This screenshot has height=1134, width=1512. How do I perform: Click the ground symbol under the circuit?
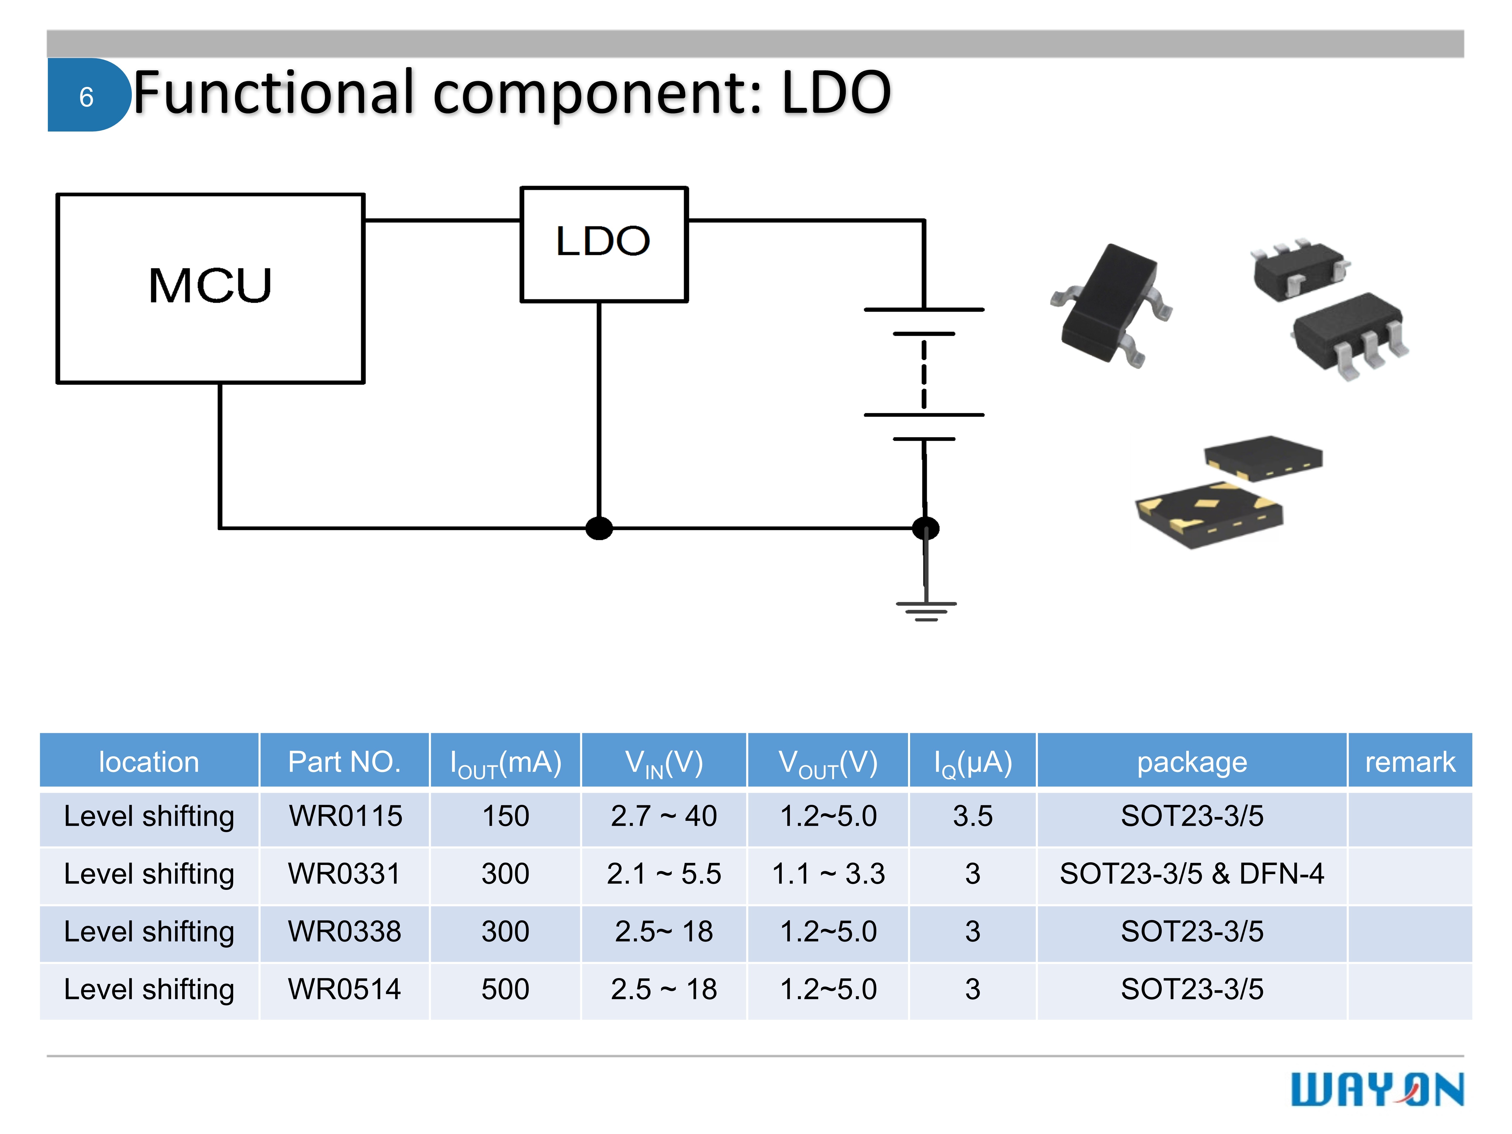pos(926,610)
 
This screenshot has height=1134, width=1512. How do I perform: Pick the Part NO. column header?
pos(344,762)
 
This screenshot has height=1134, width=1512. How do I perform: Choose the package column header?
pos(1191,762)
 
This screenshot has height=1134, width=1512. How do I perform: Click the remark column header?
pos(1409,762)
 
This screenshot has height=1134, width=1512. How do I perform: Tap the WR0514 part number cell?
pos(344,989)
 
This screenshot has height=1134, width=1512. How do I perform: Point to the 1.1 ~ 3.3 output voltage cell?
pos(828,874)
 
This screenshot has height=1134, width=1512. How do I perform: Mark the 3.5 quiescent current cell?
pos(972,816)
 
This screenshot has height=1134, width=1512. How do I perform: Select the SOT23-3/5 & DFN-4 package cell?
pos(1191,874)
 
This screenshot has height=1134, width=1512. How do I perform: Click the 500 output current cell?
pos(505,989)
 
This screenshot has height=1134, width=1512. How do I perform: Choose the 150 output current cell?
pos(505,816)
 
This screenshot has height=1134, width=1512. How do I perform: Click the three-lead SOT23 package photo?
pos(1110,304)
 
